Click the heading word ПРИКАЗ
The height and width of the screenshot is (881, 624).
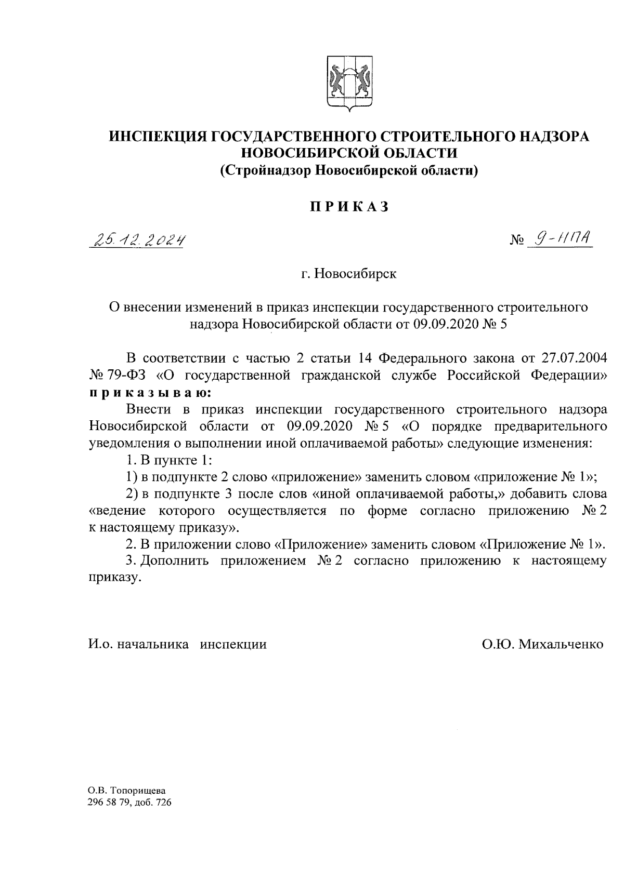tap(349, 207)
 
